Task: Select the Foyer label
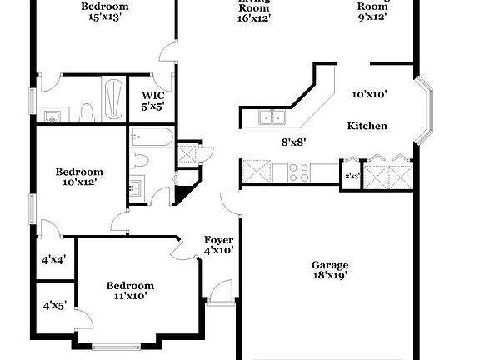pyautogui.click(x=218, y=239)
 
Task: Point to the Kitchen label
pyautogui.click(x=367, y=126)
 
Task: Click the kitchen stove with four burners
pyautogui.click(x=299, y=172)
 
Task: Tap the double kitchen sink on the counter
pyautogui.click(x=271, y=117)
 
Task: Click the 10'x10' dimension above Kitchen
pyautogui.click(x=369, y=95)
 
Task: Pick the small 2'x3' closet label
pyautogui.click(x=352, y=177)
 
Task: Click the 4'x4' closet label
pyautogui.click(x=53, y=259)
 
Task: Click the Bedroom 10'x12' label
pyautogui.click(x=79, y=177)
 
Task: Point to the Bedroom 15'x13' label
pyautogui.click(x=104, y=12)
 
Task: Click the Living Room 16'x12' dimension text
pyautogui.click(x=253, y=17)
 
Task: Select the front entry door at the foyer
pyautogui.click(x=222, y=293)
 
